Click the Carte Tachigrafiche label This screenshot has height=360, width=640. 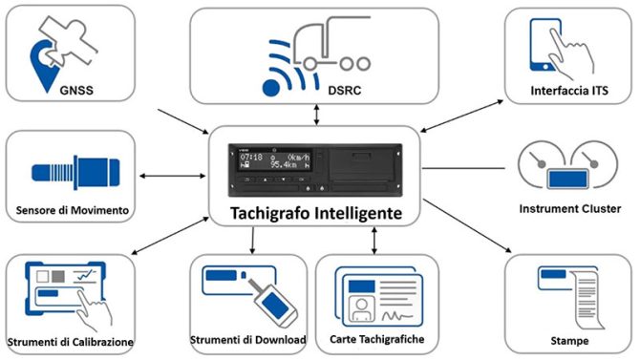(378, 340)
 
